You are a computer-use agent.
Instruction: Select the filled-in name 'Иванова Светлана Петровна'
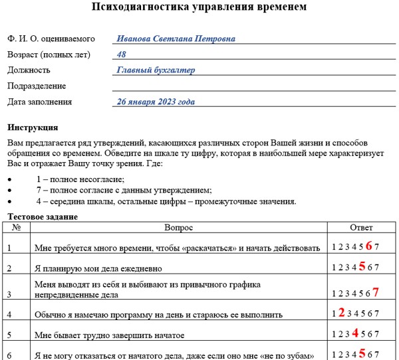pos(176,39)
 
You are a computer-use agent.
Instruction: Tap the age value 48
pos(122,54)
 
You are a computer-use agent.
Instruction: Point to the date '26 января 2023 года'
pos(156,102)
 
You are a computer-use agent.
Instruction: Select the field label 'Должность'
pos(29,70)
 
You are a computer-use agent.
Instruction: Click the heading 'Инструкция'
pos(33,128)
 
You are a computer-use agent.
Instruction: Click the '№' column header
pos(17,228)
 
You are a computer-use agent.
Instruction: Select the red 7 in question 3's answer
pos(376,292)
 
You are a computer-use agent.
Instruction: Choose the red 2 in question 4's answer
pos(340,312)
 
